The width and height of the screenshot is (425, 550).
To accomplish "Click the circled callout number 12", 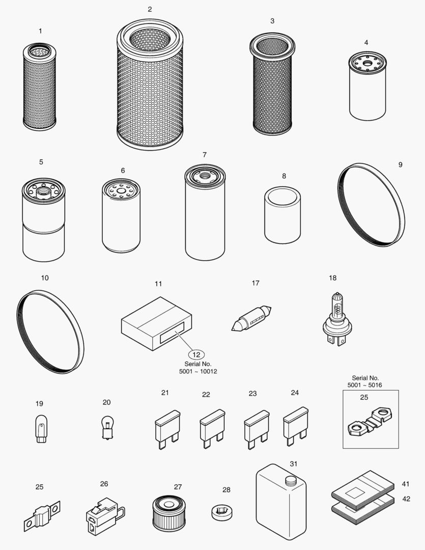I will (198, 354).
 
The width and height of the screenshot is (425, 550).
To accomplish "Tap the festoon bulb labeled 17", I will (251, 319).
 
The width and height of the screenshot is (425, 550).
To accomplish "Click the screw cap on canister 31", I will (291, 480).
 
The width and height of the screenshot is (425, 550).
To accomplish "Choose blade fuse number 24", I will (295, 425).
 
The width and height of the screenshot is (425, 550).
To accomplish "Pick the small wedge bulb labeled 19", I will (40, 429).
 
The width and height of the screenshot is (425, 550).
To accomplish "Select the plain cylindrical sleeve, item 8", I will (283, 215).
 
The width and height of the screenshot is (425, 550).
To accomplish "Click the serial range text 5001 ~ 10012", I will (198, 372).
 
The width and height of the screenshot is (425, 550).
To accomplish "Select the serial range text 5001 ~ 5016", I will (365, 386).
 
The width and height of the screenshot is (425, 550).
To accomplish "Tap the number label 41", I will (405, 484).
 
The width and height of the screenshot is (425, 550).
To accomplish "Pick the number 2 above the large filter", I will (150, 10).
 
